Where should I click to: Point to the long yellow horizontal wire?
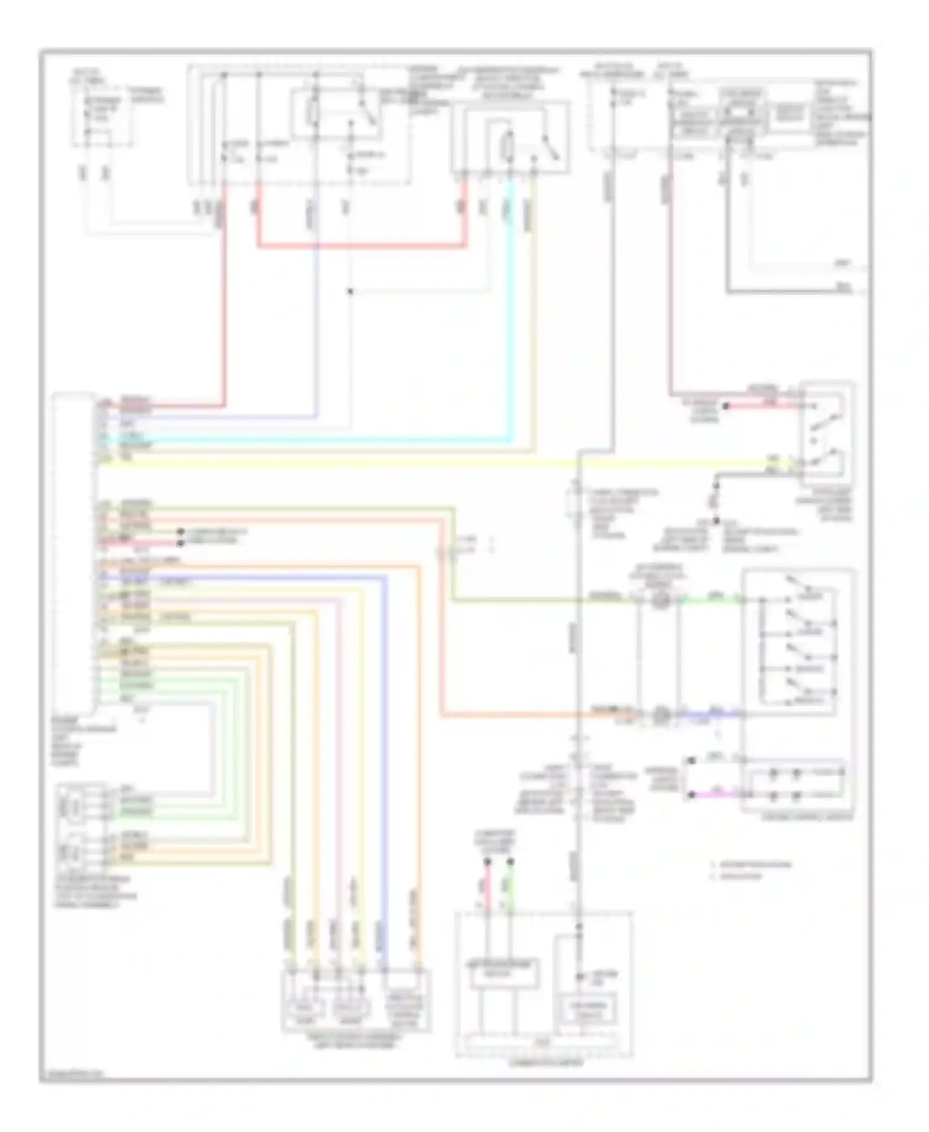tap(434, 463)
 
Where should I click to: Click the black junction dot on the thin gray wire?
tap(350, 291)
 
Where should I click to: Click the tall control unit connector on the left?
tap(74, 551)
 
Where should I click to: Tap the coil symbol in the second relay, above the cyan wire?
tap(510, 146)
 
